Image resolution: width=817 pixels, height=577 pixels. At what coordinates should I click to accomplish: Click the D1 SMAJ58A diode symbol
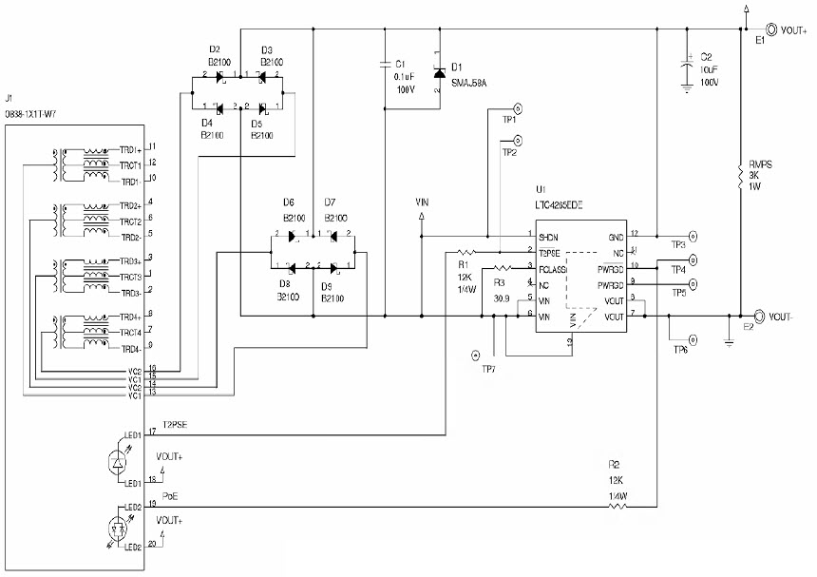pyautogui.click(x=438, y=73)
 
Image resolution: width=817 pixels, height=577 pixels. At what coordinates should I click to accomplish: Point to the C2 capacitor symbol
pyautogui.click(x=686, y=68)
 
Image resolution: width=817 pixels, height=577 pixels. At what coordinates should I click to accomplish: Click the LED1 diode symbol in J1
pyautogui.click(x=119, y=461)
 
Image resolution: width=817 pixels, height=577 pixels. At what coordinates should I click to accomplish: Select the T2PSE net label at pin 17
pyautogui.click(x=176, y=425)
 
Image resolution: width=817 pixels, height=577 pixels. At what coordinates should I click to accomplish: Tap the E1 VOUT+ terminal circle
pyautogui.click(x=771, y=30)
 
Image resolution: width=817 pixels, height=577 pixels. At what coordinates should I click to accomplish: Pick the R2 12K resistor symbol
pyautogui.click(x=617, y=507)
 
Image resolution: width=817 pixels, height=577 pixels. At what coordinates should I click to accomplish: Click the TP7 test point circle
pyautogui.click(x=475, y=356)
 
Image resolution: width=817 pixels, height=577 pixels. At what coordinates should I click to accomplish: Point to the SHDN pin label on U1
pyautogui.click(x=548, y=237)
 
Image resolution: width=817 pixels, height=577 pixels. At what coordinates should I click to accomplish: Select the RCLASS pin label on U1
pyautogui.click(x=553, y=269)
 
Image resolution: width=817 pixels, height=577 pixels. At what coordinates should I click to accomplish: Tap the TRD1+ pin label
pyautogui.click(x=129, y=149)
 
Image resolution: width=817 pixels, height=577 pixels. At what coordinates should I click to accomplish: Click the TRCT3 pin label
pyautogui.click(x=129, y=277)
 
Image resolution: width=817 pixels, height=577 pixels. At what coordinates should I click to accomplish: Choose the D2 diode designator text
pyautogui.click(x=214, y=49)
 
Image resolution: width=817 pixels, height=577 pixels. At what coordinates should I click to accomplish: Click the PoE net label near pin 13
pyautogui.click(x=169, y=496)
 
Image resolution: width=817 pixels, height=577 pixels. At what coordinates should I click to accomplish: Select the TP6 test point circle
pyautogui.click(x=692, y=338)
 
